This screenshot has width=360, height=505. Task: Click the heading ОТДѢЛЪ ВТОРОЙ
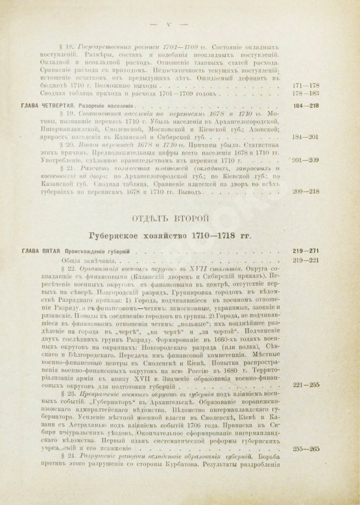tap(180, 212)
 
